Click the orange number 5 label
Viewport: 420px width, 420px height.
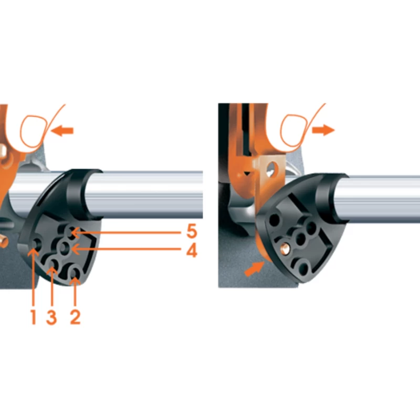192,231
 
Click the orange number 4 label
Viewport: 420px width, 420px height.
192,250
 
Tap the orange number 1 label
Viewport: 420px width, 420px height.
33,317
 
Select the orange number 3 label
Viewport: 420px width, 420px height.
51,317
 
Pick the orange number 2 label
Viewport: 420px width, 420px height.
75,317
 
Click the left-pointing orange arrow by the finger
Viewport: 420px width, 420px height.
62,131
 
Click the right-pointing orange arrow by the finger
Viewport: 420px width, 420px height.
323,130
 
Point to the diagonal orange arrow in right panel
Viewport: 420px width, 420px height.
254,269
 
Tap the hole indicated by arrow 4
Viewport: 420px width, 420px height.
64,248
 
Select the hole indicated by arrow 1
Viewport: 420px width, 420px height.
36,244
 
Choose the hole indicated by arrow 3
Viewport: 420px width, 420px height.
53,264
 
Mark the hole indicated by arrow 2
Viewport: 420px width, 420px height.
74,273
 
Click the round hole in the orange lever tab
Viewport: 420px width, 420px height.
271,169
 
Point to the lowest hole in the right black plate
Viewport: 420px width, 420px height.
303,269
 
